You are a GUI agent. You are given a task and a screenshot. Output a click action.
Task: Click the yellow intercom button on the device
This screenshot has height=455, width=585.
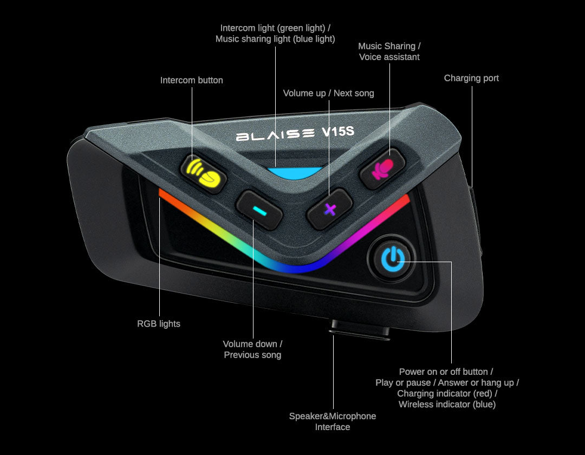pyautogui.click(x=203, y=172)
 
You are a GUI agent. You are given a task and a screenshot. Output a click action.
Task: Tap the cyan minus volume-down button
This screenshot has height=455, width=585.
pyautogui.click(x=259, y=210)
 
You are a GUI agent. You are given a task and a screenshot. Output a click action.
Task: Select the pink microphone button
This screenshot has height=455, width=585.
pyautogui.click(x=382, y=168)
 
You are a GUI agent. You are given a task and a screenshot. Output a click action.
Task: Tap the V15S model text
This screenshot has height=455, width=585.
pyautogui.click(x=337, y=132)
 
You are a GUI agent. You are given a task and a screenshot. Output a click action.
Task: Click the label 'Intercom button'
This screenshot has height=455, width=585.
pyautogui.click(x=191, y=80)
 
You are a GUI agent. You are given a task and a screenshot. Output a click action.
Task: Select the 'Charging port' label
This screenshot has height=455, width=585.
pyautogui.click(x=471, y=78)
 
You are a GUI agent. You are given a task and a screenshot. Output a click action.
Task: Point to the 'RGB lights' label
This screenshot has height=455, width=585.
pyautogui.click(x=159, y=324)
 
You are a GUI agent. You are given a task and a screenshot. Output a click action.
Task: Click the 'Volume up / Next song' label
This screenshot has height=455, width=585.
pyautogui.click(x=328, y=93)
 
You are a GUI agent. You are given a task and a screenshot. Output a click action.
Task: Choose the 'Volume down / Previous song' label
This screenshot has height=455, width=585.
pyautogui.click(x=252, y=349)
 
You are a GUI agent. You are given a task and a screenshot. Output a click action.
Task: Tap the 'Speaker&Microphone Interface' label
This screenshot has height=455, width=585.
pyautogui.click(x=333, y=421)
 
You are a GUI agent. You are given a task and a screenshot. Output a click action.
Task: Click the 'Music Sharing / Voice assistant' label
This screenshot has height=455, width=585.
pyautogui.click(x=389, y=51)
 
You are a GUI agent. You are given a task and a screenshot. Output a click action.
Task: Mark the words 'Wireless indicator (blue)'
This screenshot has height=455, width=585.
pyautogui.click(x=447, y=404)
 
